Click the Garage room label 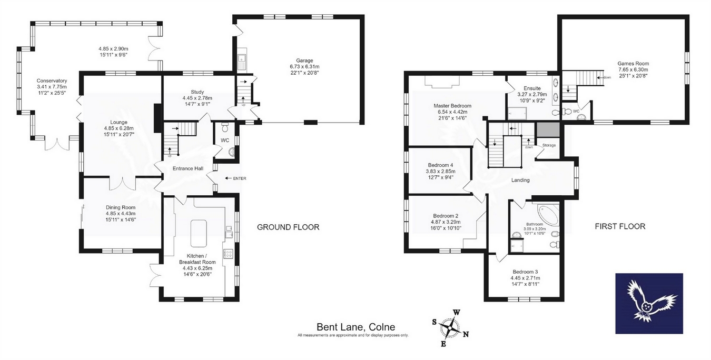pyautogui.click(x=304, y=61)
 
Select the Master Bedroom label pyautogui.click(x=452, y=106)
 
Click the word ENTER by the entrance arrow pyautogui.click(x=240, y=178)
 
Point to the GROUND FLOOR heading pyautogui.click(x=288, y=227)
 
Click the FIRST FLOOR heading pyautogui.click(x=620, y=226)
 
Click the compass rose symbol pyautogui.click(x=450, y=328)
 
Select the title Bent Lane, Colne pyautogui.click(x=356, y=327)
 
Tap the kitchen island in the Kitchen pyautogui.click(x=199, y=234)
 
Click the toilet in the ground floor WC pyautogui.click(x=225, y=127)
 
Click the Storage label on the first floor pyautogui.click(x=549, y=145)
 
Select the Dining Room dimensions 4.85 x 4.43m pyautogui.click(x=121, y=214)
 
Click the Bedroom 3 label pyautogui.click(x=525, y=272)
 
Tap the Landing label pyautogui.click(x=520, y=180)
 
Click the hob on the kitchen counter pyautogui.click(x=228, y=254)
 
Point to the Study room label pyautogui.click(x=197, y=92)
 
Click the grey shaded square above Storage pyautogui.click(x=548, y=130)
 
